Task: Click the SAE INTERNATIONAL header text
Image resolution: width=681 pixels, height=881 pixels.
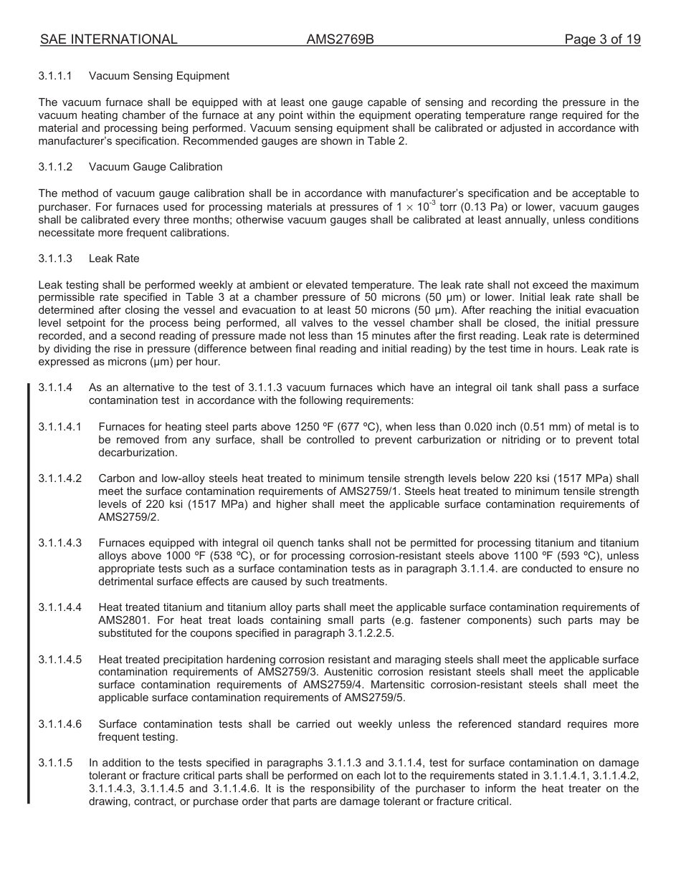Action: pyautogui.click(x=108, y=40)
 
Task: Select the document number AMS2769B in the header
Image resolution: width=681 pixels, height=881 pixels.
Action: pyautogui.click(x=340, y=40)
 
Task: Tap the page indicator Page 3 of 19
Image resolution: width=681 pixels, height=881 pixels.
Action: pyautogui.click(x=602, y=40)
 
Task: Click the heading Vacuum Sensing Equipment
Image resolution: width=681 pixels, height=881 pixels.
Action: pyautogui.click(x=159, y=76)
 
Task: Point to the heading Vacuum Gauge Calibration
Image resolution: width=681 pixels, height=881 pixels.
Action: pyautogui.click(x=156, y=167)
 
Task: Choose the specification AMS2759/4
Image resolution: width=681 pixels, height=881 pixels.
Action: pyautogui.click(x=333, y=685)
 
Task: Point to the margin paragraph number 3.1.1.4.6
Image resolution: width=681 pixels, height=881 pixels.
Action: pyautogui.click(x=60, y=724)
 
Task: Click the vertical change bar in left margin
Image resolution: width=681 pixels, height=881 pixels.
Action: pyautogui.click(x=29, y=594)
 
